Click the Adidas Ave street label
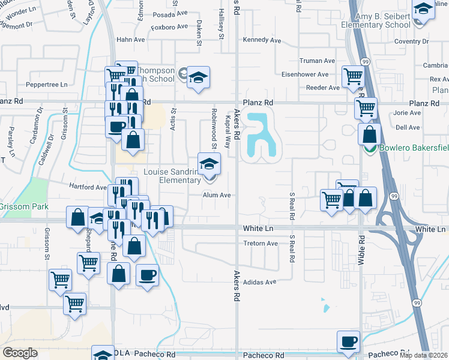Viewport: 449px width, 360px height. pyautogui.click(x=260, y=281)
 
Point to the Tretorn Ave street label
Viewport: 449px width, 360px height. pyautogui.click(x=261, y=244)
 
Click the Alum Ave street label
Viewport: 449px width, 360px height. pyautogui.click(x=217, y=195)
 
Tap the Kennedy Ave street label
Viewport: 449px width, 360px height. pyautogui.click(x=262, y=40)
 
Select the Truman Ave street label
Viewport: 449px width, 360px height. pyautogui.click(x=317, y=61)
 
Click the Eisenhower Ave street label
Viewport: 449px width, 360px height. pyautogui.click(x=306, y=74)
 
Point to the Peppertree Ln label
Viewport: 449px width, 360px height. pyautogui.click(x=46, y=85)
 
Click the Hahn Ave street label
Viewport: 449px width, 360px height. pyautogui.click(x=131, y=40)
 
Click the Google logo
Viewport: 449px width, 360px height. pyautogui.click(x=20, y=353)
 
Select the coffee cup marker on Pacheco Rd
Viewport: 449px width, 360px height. pyautogui.click(x=348, y=341)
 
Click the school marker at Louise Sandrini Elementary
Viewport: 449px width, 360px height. pyautogui.click(x=209, y=163)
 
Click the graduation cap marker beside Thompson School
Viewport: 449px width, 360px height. pyautogui.click(x=198, y=77)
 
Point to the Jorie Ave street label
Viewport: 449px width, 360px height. pyautogui.click(x=408, y=113)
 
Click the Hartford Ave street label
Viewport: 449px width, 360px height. pyautogui.click(x=88, y=187)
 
